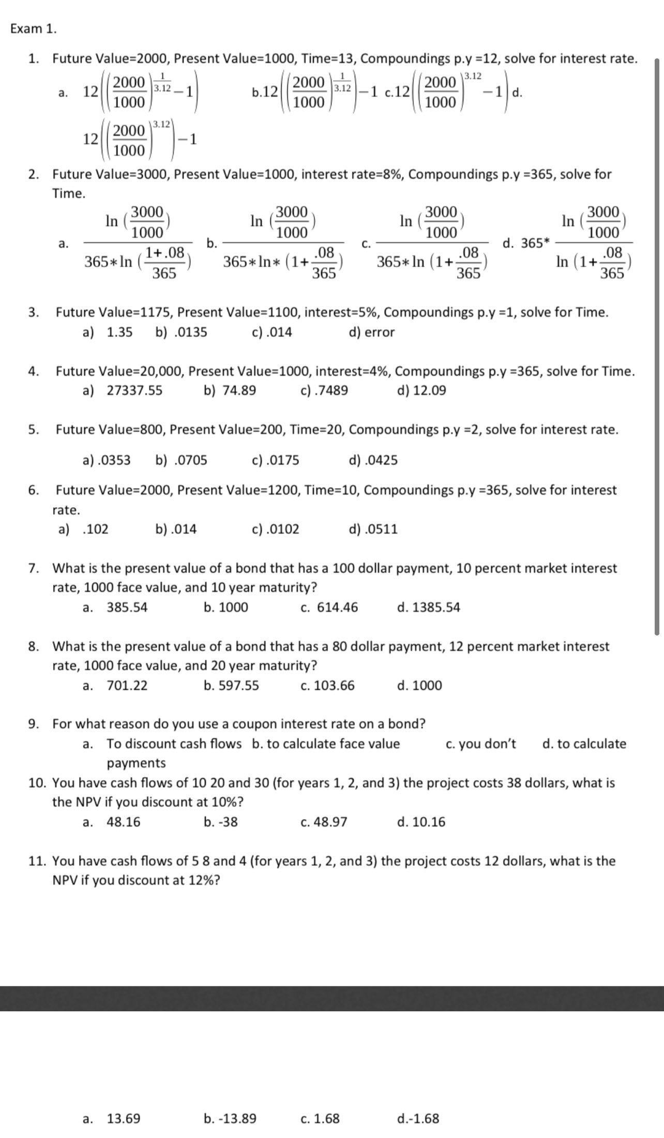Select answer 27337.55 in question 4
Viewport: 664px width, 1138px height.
[x=134, y=390]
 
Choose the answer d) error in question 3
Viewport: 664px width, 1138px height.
[x=372, y=332]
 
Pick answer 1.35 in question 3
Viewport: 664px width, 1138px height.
[x=119, y=332]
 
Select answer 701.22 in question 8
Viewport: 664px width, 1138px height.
[x=127, y=686]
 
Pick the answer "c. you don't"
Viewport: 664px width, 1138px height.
[x=480, y=744]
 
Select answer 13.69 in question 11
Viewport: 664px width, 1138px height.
[x=123, y=1118]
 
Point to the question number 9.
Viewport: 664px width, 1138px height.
[x=34, y=724]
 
